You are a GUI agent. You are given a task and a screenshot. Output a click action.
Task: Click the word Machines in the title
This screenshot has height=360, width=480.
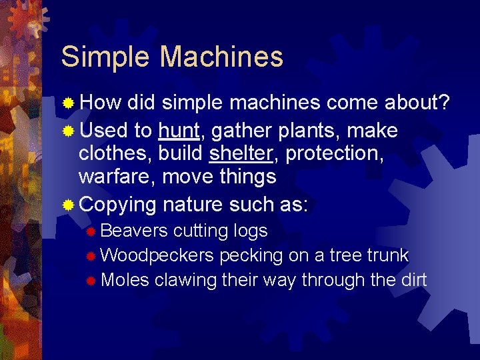221,57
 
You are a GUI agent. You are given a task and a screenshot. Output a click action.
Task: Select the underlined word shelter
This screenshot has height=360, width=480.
241,153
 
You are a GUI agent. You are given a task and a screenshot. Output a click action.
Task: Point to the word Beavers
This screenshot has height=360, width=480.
135,231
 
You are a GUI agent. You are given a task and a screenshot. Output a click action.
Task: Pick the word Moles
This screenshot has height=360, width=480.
125,280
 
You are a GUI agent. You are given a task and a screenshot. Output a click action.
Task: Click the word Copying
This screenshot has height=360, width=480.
117,204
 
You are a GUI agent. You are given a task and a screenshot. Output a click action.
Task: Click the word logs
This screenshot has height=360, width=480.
250,231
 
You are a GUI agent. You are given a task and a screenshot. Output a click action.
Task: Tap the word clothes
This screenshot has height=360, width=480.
114,153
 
